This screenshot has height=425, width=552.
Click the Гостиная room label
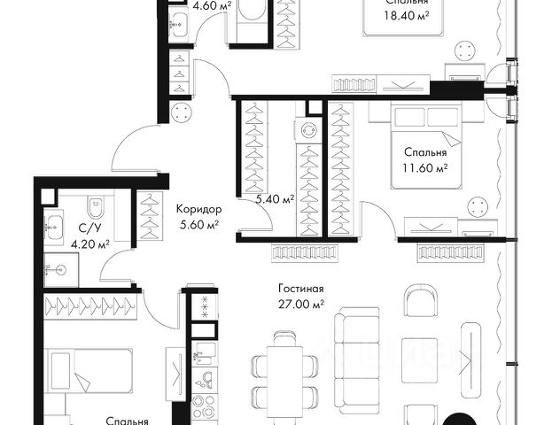301,290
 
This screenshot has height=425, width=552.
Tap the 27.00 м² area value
301,305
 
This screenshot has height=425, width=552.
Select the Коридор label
198,209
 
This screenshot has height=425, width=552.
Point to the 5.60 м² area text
199,225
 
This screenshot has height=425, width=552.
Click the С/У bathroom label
89,228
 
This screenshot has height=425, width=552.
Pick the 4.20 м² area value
90,243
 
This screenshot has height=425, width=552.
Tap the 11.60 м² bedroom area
425,168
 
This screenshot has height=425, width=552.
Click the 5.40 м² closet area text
275,199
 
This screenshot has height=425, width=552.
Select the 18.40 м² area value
407,16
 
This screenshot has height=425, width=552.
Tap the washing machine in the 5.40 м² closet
308,130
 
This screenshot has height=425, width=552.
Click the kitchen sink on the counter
204,353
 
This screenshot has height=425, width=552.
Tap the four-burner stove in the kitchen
204,406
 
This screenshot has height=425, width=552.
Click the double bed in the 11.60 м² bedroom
426,147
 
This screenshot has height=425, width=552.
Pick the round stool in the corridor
182,112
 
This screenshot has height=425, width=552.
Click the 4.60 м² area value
213,5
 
